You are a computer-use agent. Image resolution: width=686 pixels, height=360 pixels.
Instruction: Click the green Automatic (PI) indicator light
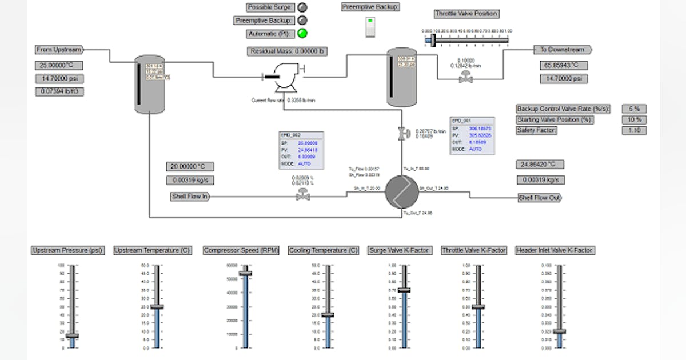(302, 33)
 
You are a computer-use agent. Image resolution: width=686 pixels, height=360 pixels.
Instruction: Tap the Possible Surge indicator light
(302, 7)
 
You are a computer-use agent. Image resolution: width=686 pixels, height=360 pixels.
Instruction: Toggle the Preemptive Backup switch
(370, 27)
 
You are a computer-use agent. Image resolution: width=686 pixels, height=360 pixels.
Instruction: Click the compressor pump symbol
(282, 78)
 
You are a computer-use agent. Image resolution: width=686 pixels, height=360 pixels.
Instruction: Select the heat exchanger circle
(401, 193)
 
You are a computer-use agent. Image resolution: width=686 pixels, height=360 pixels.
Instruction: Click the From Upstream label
(59, 50)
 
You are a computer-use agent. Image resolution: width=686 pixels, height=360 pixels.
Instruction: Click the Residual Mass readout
(288, 51)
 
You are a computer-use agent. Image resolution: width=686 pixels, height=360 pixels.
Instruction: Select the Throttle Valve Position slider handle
(433, 40)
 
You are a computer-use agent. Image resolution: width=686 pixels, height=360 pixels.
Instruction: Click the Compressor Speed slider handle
(245, 273)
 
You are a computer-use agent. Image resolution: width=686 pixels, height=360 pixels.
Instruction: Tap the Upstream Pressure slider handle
(71, 335)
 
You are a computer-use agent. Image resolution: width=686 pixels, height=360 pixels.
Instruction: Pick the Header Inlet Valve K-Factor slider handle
(559, 331)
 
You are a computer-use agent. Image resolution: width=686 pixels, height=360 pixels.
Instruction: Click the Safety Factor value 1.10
(634, 130)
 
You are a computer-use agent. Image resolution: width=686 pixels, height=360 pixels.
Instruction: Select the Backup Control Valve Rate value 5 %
(634, 109)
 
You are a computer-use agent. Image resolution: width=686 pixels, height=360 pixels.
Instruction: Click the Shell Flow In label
(190, 197)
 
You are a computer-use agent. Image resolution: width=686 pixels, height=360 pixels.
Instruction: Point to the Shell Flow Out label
(539, 198)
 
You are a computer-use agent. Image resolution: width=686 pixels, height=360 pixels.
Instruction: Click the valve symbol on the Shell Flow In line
(301, 195)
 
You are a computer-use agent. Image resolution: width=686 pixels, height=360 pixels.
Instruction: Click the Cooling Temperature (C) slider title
(324, 250)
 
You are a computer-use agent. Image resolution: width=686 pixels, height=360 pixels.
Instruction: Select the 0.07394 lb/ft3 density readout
(61, 91)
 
